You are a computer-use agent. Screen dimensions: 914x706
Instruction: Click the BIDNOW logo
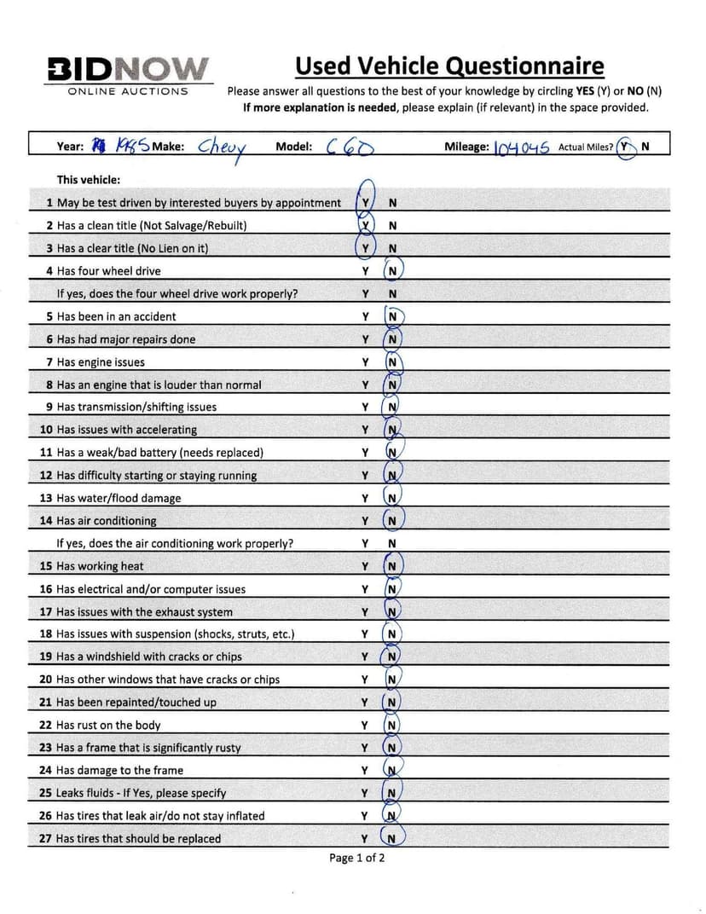128,68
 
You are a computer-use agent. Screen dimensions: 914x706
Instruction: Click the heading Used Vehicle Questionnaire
449,66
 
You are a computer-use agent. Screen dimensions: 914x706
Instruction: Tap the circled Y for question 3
365,248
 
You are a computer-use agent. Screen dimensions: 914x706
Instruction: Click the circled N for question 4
392,271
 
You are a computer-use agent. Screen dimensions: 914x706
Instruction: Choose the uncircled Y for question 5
365,316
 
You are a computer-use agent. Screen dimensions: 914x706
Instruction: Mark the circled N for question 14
392,521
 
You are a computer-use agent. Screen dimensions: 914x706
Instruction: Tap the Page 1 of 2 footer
357,858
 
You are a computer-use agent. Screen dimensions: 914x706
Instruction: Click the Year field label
70,147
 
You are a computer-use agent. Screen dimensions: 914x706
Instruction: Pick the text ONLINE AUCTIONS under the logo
128,91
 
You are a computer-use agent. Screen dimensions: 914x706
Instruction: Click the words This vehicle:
89,180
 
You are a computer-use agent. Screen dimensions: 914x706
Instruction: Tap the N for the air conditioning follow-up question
392,543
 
